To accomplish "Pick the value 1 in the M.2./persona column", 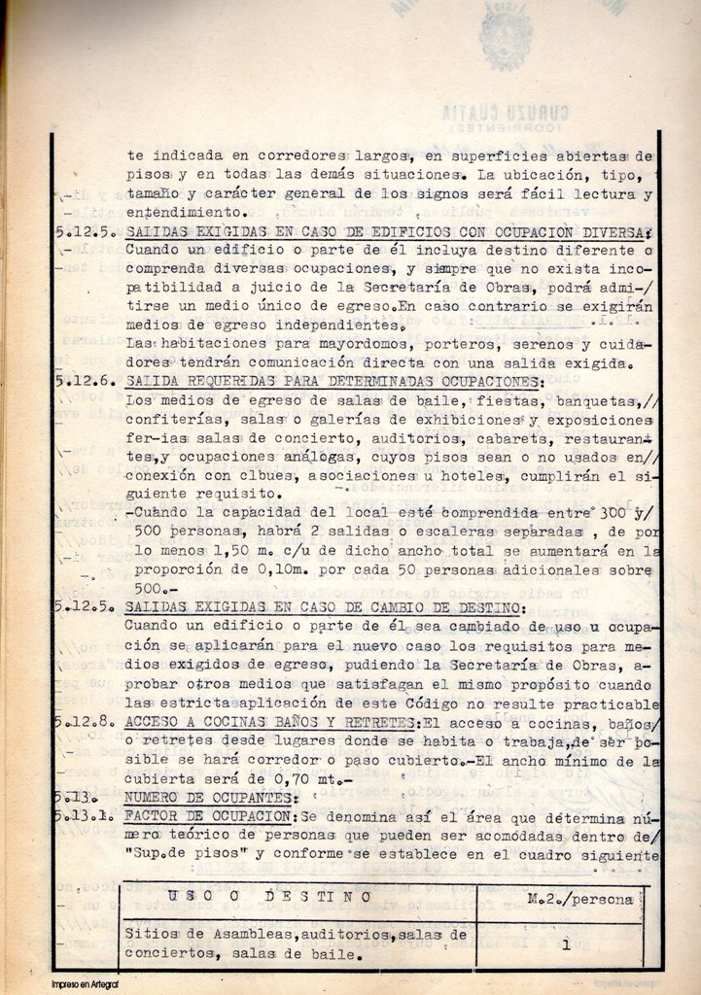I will point(564,941).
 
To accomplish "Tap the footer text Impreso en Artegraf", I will point(85,984).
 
